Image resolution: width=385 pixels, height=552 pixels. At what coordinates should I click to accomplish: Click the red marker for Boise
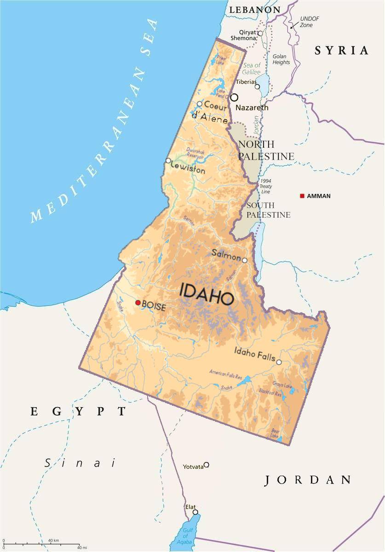coord(138,303)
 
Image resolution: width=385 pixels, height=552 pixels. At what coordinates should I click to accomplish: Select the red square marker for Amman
coord(302,196)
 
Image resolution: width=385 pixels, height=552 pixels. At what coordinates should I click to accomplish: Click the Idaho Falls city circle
coord(279,362)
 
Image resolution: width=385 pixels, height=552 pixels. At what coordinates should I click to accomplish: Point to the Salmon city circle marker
coord(245,260)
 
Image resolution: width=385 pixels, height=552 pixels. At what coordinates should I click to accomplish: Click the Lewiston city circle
coord(168,161)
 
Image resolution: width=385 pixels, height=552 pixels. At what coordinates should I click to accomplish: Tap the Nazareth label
coord(252,108)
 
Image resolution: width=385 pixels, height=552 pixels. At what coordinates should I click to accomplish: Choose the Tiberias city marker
coord(258,86)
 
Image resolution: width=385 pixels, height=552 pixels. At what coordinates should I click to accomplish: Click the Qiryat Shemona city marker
coord(260,33)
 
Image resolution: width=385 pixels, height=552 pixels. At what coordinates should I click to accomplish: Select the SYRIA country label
coord(341,51)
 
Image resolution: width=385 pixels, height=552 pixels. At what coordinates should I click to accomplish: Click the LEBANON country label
coord(254,10)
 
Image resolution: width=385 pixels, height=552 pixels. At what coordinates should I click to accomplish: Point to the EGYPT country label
coord(78,412)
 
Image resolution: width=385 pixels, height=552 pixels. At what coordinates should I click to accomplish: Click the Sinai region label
coord(80,463)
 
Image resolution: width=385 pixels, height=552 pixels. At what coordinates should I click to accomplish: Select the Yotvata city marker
coord(207,465)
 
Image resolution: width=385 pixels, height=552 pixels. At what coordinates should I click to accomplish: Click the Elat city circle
coord(195,512)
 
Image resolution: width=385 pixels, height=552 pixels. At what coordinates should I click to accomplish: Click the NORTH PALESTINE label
coord(265,150)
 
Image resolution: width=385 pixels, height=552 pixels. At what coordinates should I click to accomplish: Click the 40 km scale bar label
coord(53,540)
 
